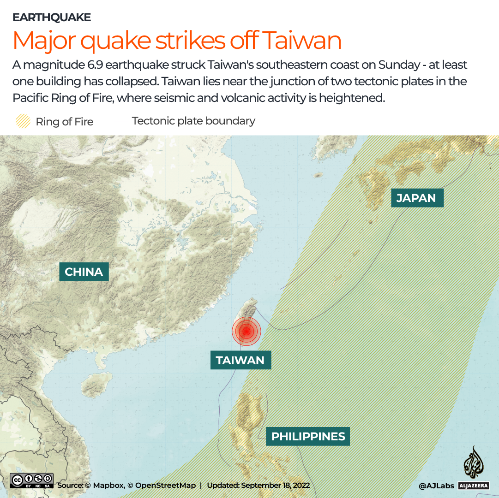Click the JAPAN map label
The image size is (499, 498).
416,198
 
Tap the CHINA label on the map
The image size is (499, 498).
84,272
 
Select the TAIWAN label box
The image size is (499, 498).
240,360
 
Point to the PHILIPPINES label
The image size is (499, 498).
308,436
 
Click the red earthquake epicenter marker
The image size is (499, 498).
246,331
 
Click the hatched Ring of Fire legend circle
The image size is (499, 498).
22,121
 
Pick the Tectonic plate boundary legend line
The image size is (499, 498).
121,121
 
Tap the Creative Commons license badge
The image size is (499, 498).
32,481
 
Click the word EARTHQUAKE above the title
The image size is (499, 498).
52,18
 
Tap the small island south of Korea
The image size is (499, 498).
318,175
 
